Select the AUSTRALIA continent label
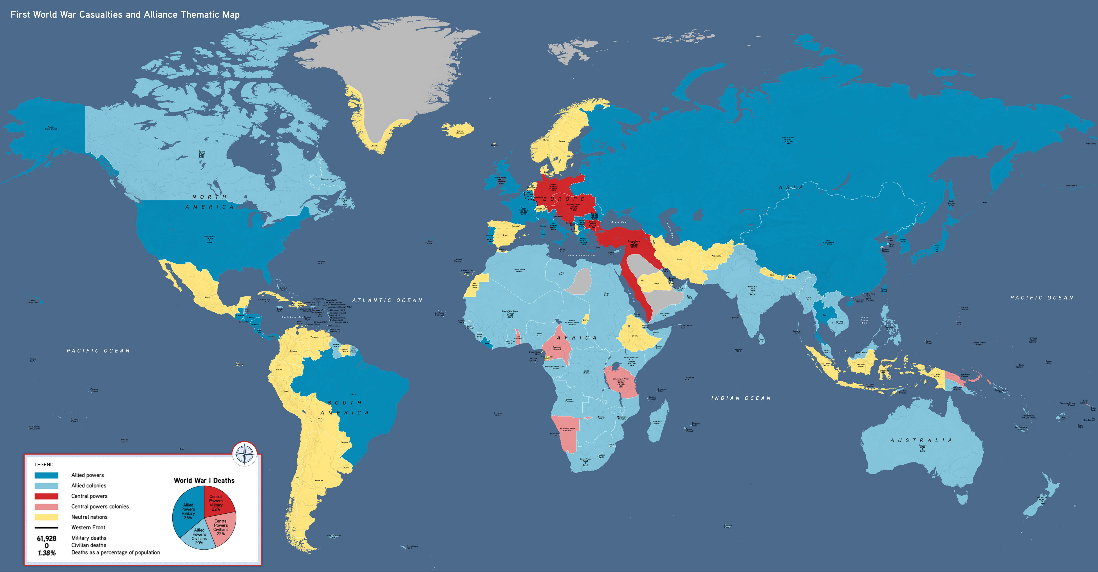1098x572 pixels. point(921,440)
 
